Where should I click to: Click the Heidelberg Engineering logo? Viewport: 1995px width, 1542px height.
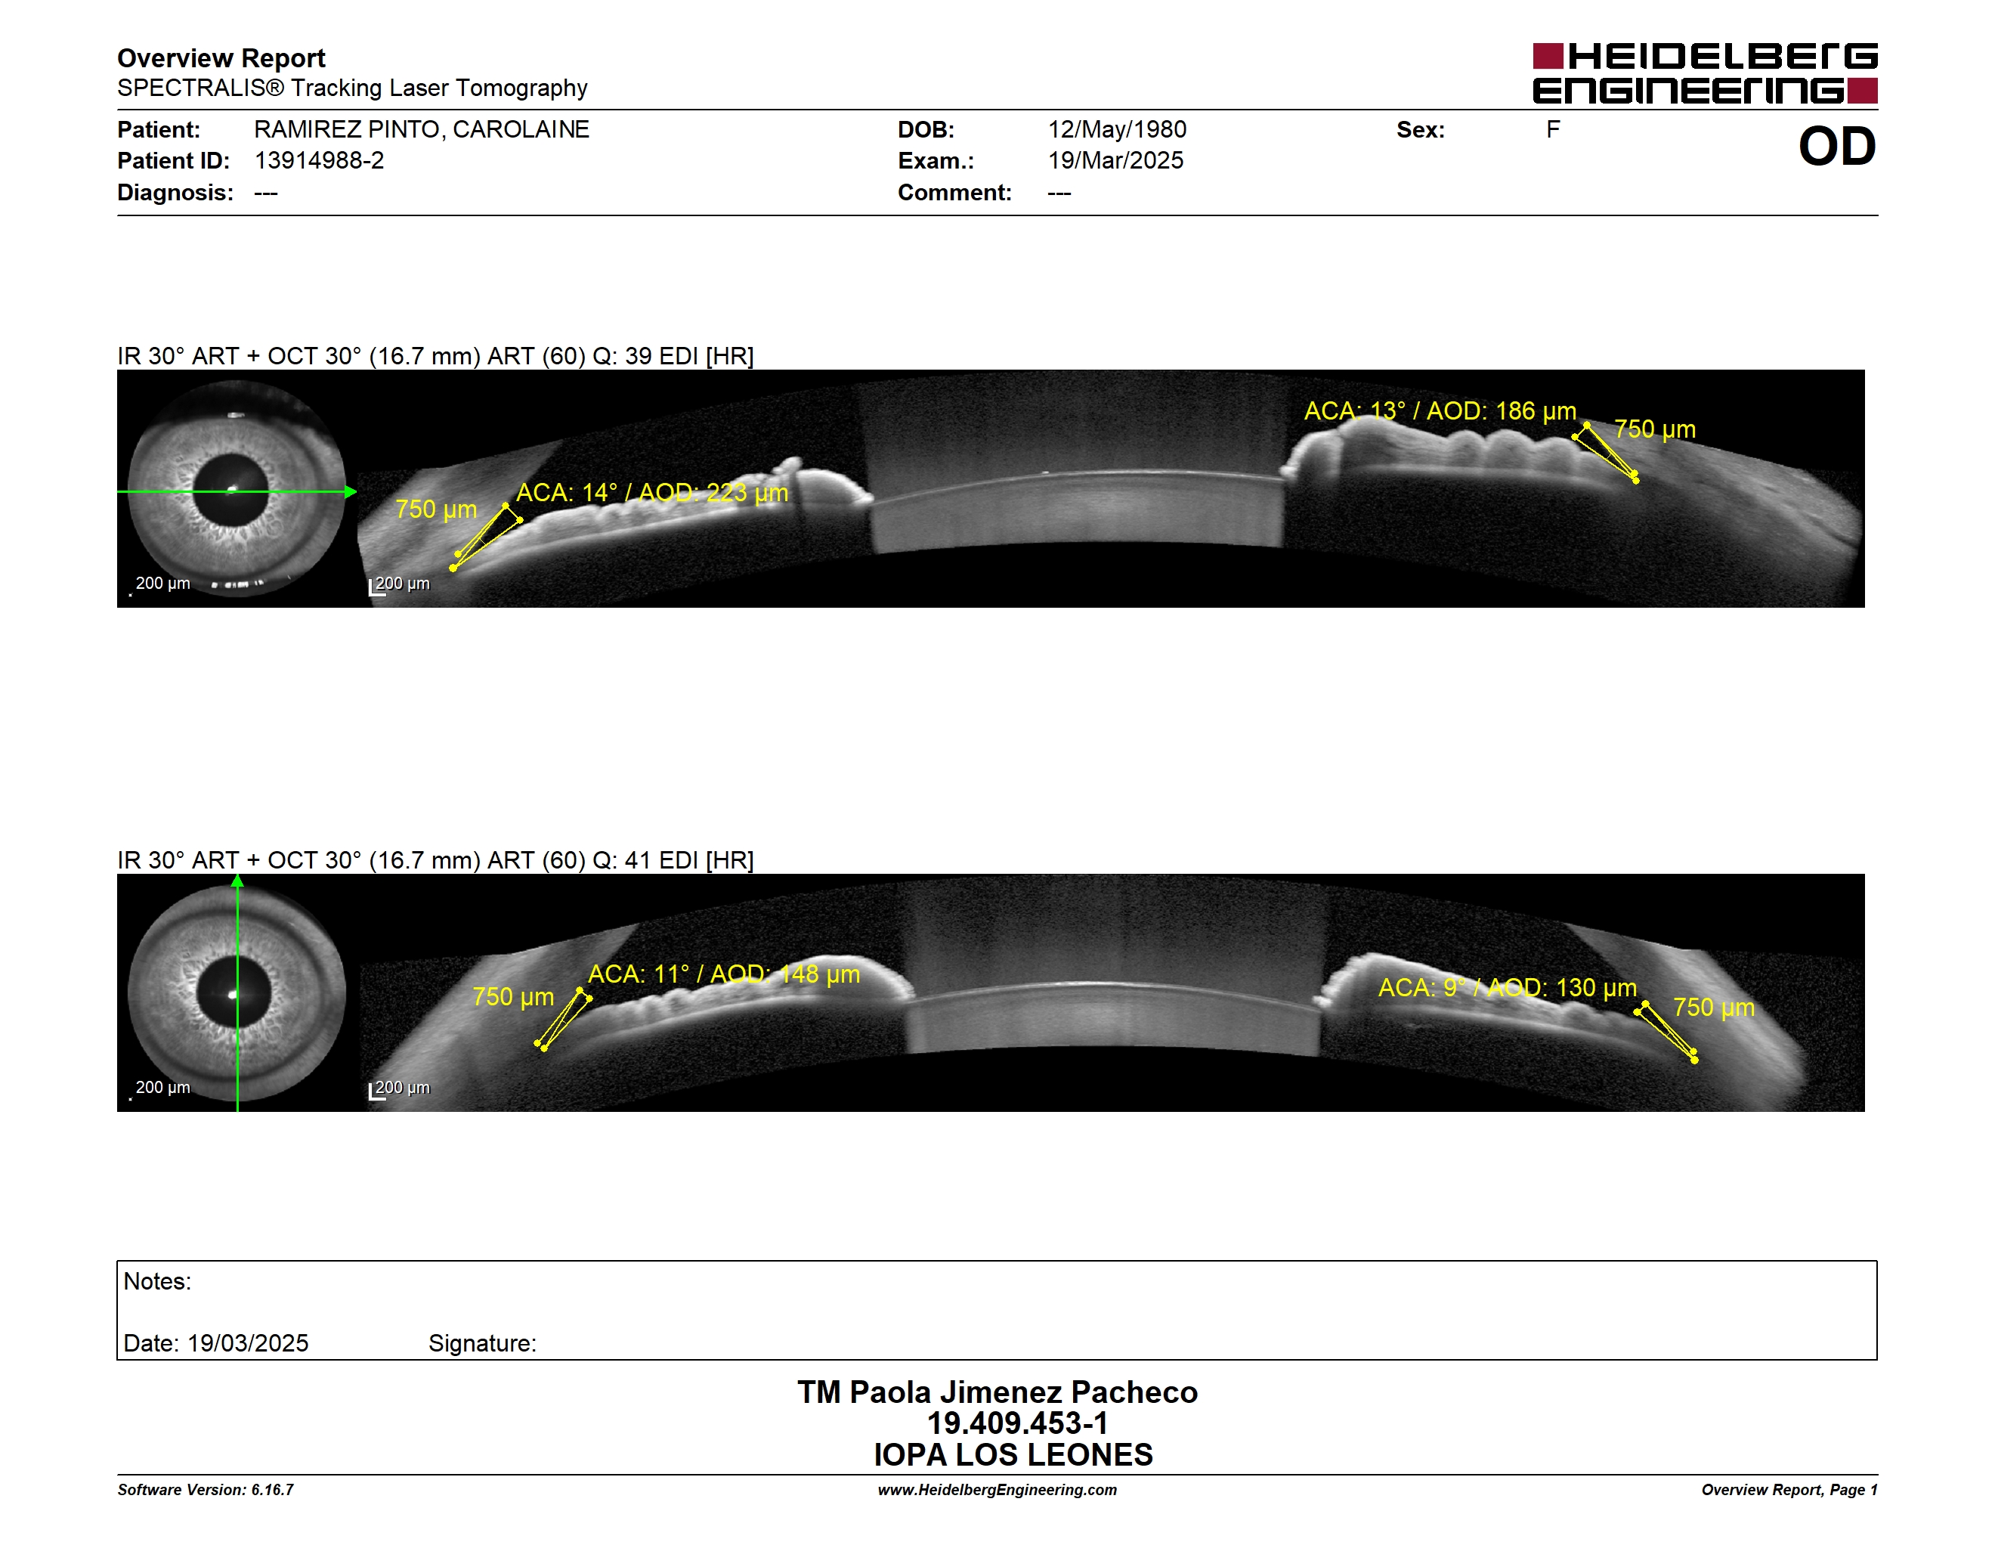[x=1705, y=73]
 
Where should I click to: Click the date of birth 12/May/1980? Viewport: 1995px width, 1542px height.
[x=1117, y=130]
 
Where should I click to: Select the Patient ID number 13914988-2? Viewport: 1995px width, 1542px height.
[x=319, y=161]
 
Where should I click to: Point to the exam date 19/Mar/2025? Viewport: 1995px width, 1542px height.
[x=1115, y=161]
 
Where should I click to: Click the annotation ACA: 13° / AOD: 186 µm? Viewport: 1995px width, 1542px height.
[x=1440, y=411]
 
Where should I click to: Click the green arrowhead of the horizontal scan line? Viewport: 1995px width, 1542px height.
[x=351, y=492]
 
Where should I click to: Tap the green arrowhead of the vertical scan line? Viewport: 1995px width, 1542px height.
[x=237, y=881]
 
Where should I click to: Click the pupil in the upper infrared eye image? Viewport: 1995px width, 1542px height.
[x=232, y=491]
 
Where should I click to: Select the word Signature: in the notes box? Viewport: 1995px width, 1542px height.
[x=482, y=1344]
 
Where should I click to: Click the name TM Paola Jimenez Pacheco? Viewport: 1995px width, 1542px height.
[x=998, y=1392]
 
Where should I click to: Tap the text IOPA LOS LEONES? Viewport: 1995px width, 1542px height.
[x=1013, y=1455]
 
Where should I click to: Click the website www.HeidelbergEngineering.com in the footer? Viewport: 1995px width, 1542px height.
[x=998, y=1490]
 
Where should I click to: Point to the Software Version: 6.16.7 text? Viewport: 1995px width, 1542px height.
[x=206, y=1490]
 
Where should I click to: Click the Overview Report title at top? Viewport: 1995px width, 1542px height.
[x=221, y=58]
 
